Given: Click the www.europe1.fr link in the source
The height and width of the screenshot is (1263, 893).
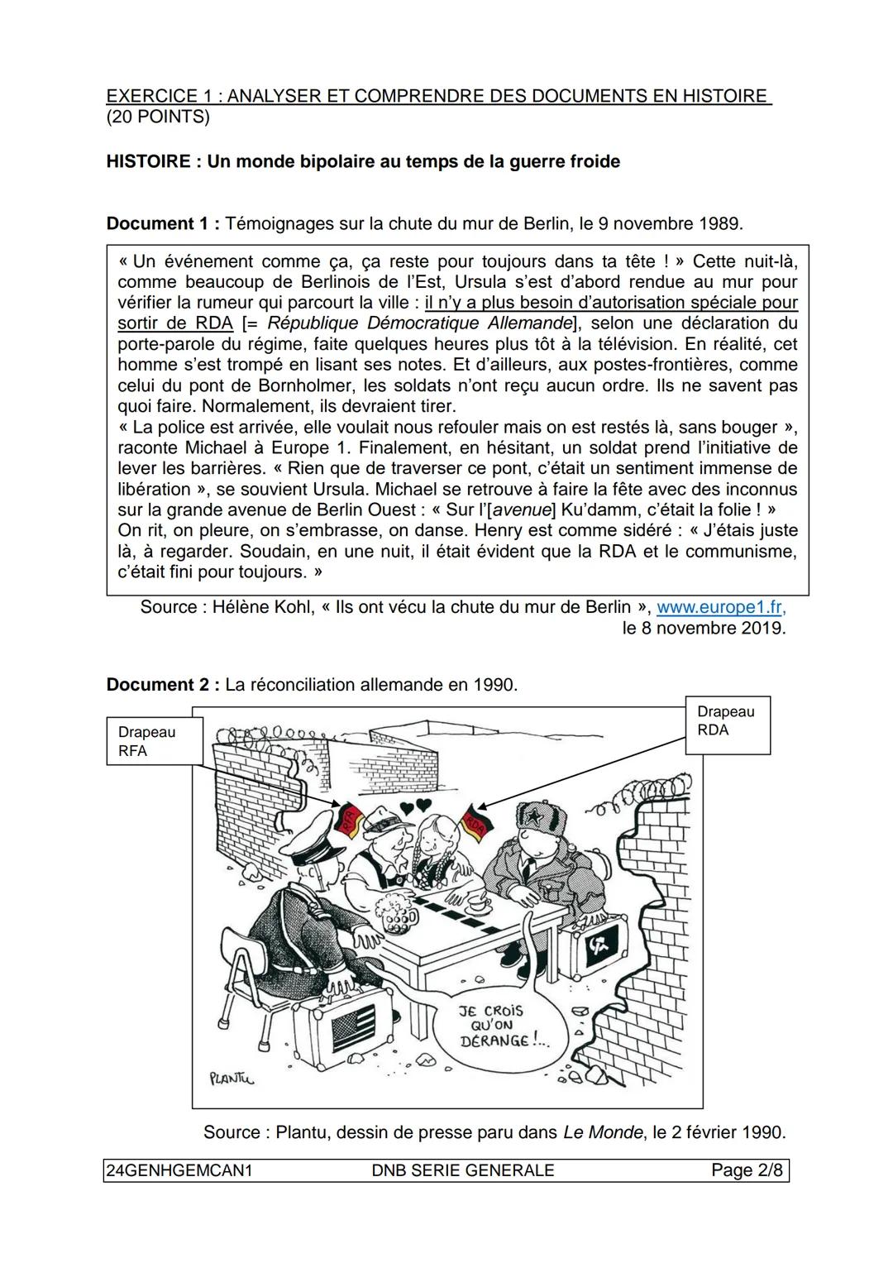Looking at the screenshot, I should pos(719,606).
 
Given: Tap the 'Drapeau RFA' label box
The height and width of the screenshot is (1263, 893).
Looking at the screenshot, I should pos(155,741).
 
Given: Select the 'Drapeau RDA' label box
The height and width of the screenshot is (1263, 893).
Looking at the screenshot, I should pos(728,721).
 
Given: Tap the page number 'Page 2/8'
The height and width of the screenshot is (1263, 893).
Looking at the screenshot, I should pos(746,1170).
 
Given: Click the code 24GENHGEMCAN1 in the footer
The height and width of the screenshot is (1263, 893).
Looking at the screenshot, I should pos(178,1170).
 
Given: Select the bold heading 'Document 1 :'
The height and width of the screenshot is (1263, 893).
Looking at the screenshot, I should pos(163,223).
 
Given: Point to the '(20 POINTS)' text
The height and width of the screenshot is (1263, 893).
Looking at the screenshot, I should pos(158,117).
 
